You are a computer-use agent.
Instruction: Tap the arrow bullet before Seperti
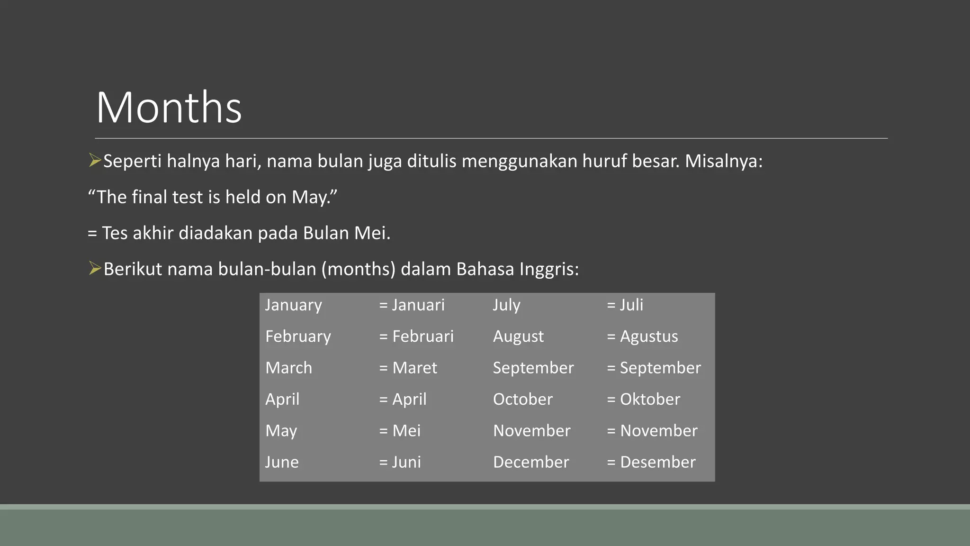[x=95, y=161]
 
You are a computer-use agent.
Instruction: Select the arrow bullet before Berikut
[x=95, y=269]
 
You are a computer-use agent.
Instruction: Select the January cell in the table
[x=294, y=305]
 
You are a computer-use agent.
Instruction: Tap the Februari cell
[x=417, y=337]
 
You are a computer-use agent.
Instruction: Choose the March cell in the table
[x=289, y=368]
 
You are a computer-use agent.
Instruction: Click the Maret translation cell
[x=408, y=368]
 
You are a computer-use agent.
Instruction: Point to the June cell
[x=282, y=462]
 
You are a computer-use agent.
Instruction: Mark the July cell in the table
[x=506, y=305]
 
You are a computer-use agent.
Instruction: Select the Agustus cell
[x=643, y=337]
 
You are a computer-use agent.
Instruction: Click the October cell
[x=522, y=399]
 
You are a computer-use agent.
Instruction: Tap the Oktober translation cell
[x=644, y=399]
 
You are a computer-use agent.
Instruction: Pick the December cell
[x=531, y=462]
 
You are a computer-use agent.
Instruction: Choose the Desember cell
[x=651, y=462]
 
